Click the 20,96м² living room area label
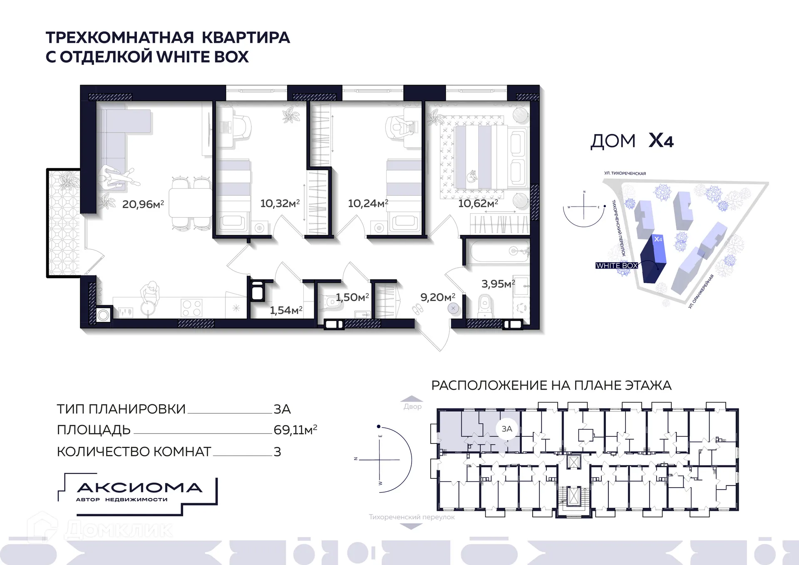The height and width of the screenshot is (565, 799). tap(143, 204)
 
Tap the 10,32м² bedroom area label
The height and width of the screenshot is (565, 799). tap(280, 203)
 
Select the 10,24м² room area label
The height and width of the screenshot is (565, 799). tap(368, 203)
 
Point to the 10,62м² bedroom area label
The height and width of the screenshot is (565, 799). tap(478, 203)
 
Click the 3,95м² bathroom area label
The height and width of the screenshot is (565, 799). tap(498, 284)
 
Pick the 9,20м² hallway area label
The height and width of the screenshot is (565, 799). tap(437, 297)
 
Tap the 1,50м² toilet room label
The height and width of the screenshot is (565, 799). tap(352, 297)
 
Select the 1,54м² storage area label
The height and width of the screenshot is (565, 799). tap(286, 310)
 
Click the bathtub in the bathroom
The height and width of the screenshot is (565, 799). tap(497, 251)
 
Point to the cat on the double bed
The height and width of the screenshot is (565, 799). tap(472, 177)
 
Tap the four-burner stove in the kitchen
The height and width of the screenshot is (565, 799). tap(191, 309)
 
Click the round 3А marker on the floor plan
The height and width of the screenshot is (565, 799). tap(506, 429)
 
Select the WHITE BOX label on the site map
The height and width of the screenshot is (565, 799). tap(616, 266)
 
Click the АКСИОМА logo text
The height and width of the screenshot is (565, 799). tap(140, 488)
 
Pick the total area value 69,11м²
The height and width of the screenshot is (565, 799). tap(295, 430)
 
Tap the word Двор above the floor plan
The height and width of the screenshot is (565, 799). tap(412, 406)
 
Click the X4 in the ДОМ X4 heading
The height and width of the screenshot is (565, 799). tap(661, 141)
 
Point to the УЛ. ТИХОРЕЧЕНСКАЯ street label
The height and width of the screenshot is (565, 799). tap(625, 173)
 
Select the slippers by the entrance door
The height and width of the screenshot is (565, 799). tap(417, 309)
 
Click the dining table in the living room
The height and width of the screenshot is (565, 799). tap(191, 203)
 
